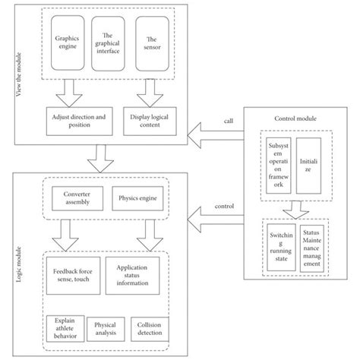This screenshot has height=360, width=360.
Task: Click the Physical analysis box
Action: tap(105, 328)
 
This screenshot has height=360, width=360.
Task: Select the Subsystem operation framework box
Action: tap(274, 161)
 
